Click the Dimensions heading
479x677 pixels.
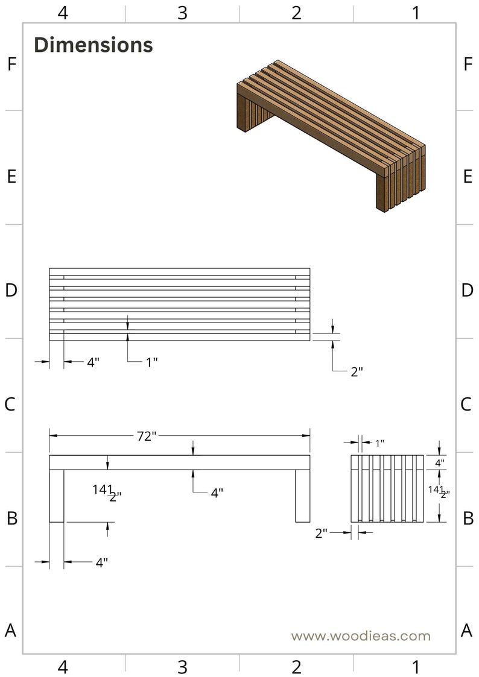tap(94, 45)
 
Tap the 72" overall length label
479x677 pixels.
tap(147, 436)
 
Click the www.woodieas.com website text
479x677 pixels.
tap(361, 635)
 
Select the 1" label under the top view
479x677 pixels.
tap(151, 362)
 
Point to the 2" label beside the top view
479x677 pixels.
tap(357, 372)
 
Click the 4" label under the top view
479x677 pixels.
tap(94, 362)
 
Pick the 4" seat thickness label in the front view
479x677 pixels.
tap(217, 492)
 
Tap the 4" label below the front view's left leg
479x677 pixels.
tap(101, 562)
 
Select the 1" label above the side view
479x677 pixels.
tap(379, 443)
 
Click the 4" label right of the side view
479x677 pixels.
tap(439, 463)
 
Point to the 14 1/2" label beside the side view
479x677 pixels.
tap(439, 492)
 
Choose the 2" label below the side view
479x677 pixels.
tap(322, 534)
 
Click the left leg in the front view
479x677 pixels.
tap(57, 496)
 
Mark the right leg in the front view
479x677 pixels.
tap(303, 496)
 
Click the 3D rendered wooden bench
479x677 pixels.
tap(331, 136)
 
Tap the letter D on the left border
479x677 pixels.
tap(11, 290)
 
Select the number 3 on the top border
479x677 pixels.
tap(182, 13)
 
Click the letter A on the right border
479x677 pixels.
tap(466, 631)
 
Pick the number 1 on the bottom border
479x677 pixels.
tap(416, 667)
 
